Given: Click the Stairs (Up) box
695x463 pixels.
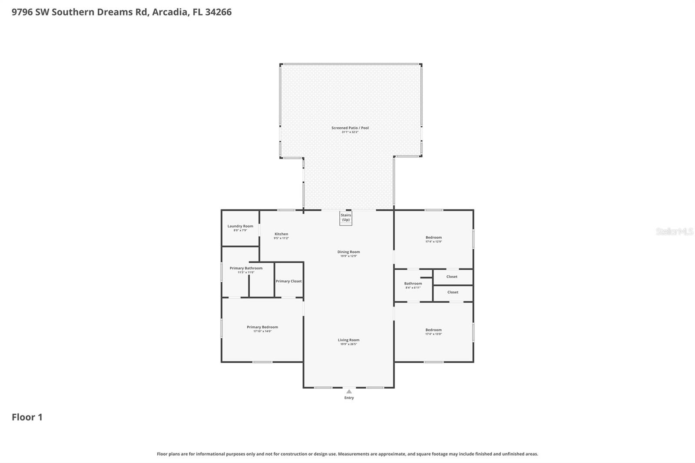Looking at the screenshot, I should [346, 218].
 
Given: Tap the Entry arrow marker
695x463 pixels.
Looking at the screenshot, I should [349, 391].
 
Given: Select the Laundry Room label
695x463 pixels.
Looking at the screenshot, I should [240, 226].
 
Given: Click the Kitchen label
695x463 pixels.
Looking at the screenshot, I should [281, 234].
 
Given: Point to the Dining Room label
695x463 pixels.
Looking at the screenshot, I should [348, 252].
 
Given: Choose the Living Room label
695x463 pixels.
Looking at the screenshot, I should [348, 340].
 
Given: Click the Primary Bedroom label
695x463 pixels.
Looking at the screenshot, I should [262, 327].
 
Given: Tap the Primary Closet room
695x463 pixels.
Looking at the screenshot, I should [288, 281].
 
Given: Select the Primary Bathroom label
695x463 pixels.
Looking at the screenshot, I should [246, 268].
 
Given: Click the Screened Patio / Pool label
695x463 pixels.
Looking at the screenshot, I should [350, 128].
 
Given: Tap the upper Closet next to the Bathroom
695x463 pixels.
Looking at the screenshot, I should [452, 277].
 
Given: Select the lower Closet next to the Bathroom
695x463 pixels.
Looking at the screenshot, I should [453, 292].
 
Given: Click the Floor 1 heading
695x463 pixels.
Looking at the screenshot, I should [27, 417].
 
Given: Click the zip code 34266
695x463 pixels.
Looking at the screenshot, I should [218, 12].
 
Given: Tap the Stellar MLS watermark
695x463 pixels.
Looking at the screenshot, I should [674, 231].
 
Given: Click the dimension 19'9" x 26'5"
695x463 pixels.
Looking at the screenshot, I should [348, 344].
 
